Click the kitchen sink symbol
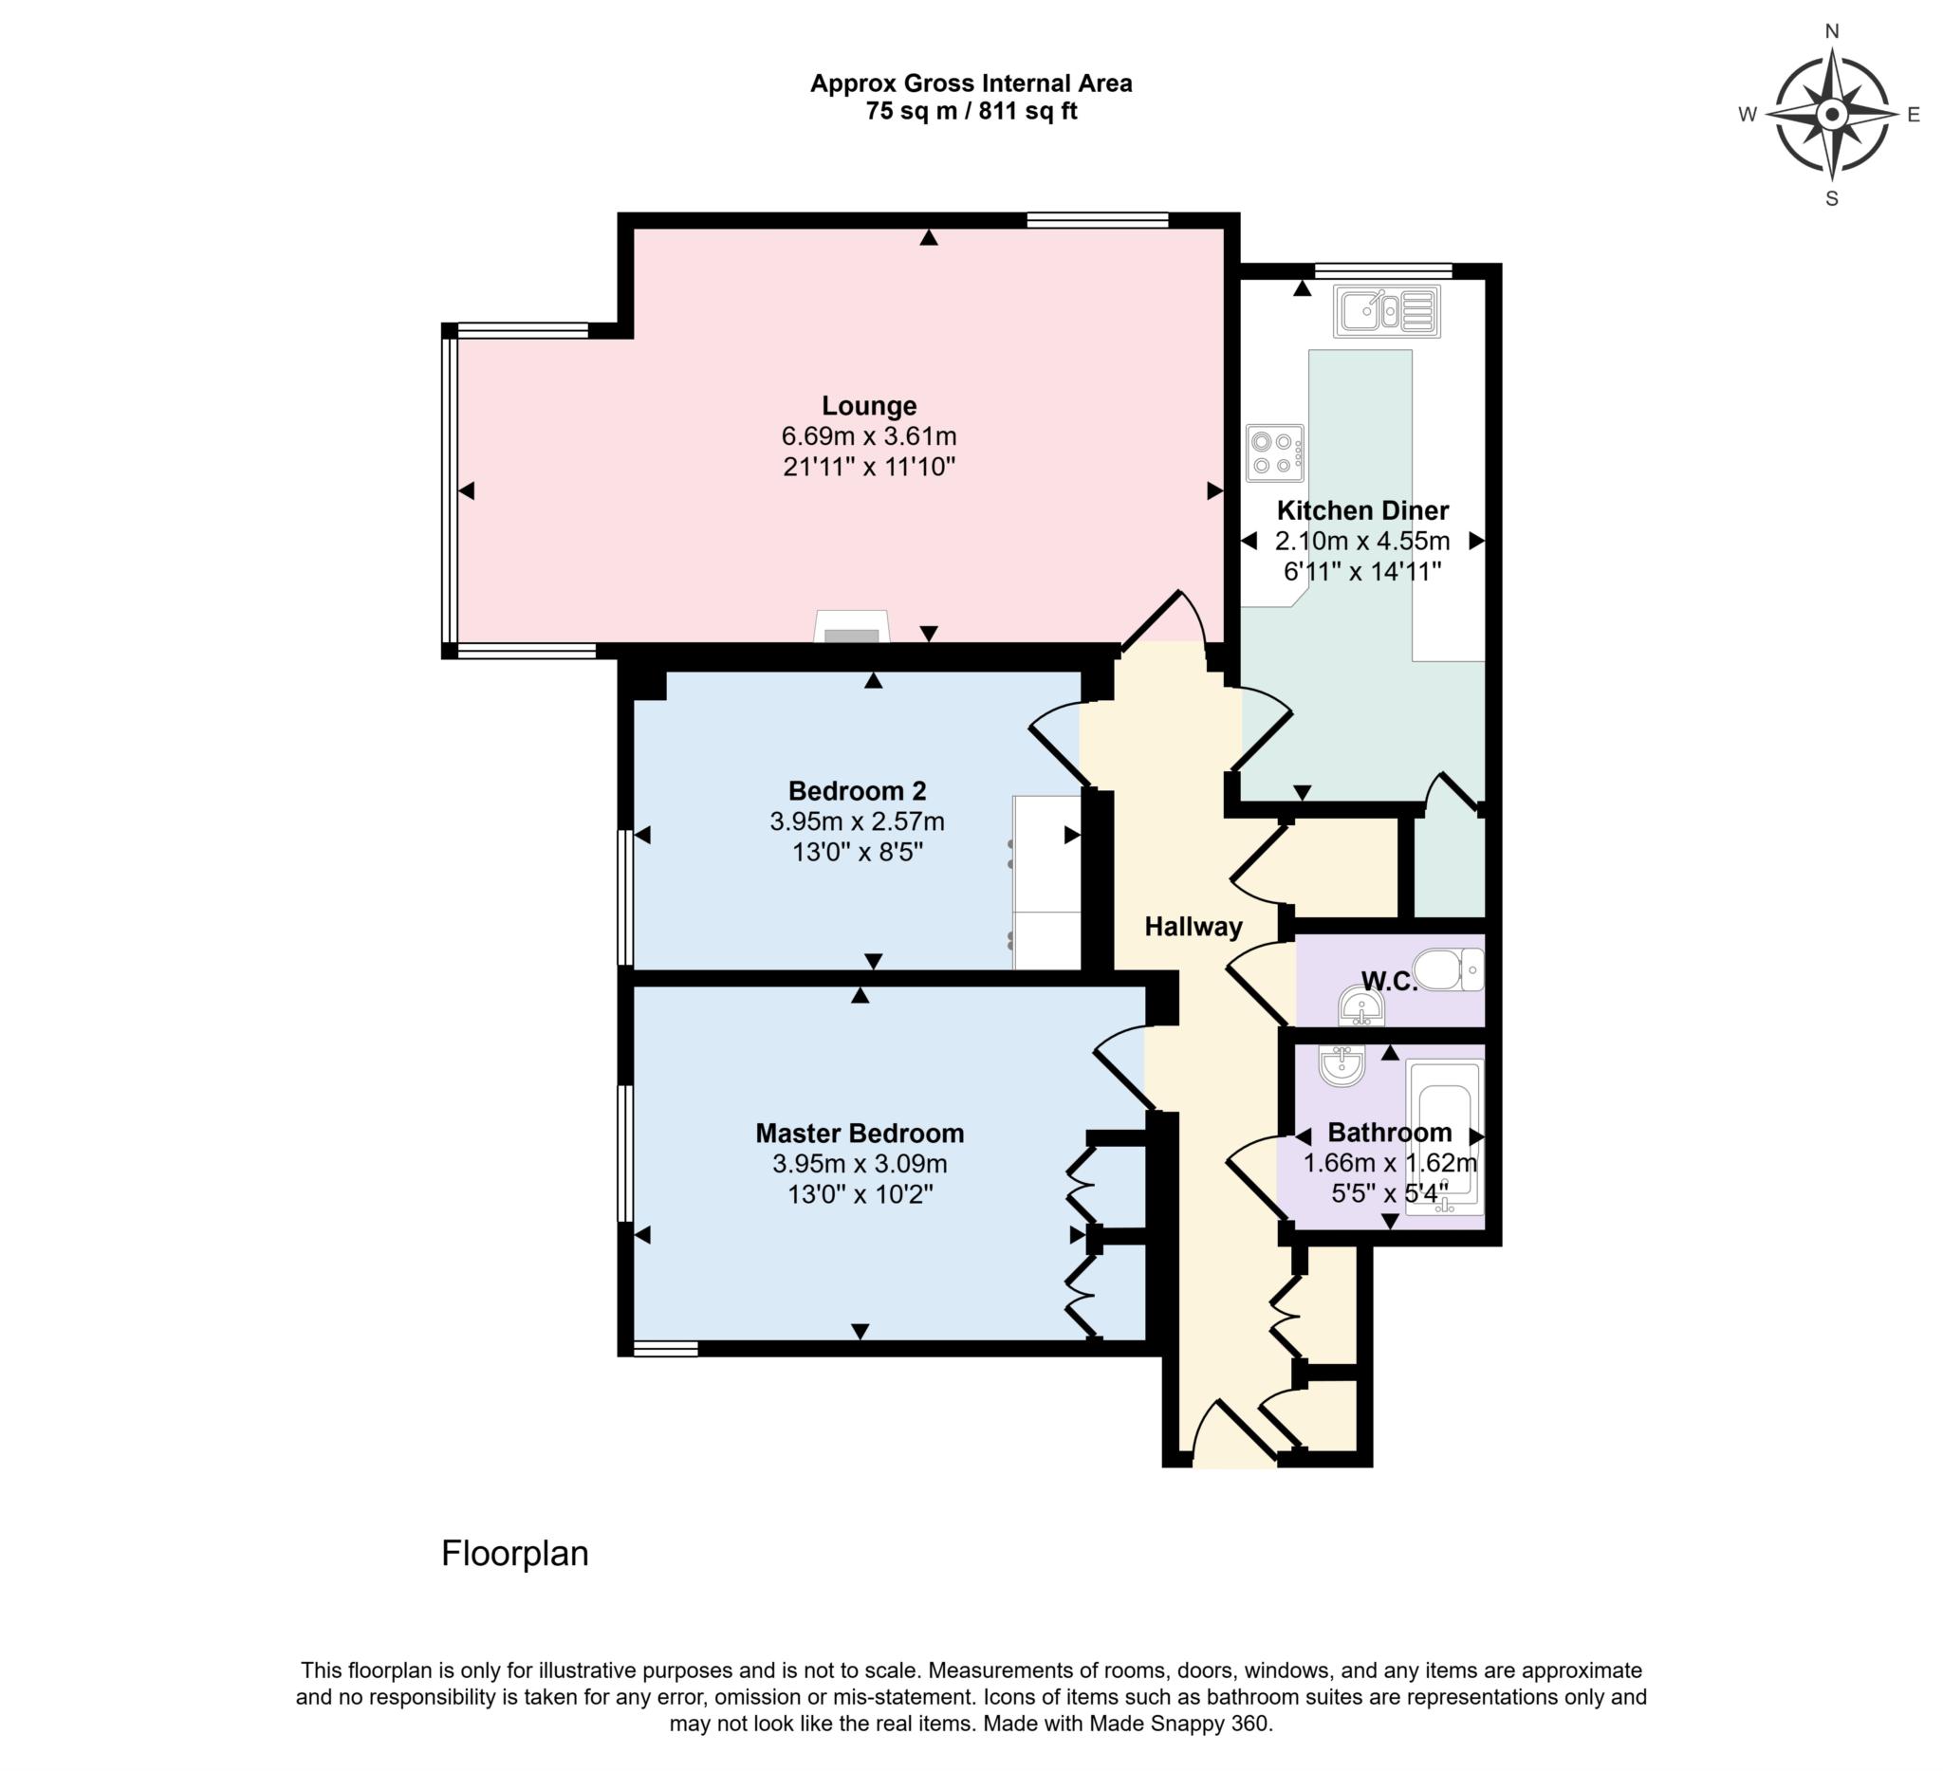tap(1386, 310)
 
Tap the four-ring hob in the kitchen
tap(1274, 452)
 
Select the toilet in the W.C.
tap(1448, 969)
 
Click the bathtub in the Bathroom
tap(1444, 1137)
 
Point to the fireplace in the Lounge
tap(852, 627)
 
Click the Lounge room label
tap(868, 406)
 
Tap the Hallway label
tap(1194, 927)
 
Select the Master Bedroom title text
tap(860, 1134)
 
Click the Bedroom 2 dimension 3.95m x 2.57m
tap(857, 821)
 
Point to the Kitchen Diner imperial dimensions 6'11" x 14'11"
tap(1361, 571)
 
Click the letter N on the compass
tap(1832, 31)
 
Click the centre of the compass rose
tap(1831, 115)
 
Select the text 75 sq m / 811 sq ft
tap(971, 112)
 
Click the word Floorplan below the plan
tap(514, 1553)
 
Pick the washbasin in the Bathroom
tap(1341, 1065)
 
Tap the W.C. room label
tap(1389, 982)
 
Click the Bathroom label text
tap(1389, 1133)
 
